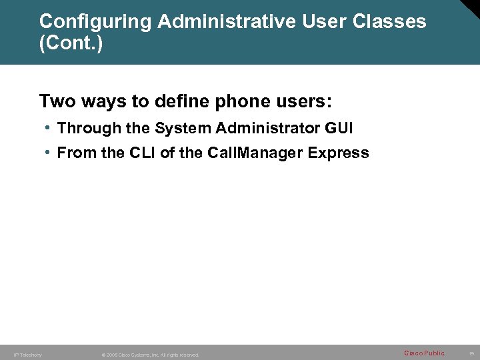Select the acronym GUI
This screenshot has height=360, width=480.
pyautogui.click(x=339, y=127)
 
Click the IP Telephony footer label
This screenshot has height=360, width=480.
pyautogui.click(x=28, y=355)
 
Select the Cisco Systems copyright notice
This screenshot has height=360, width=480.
pyautogui.click(x=150, y=355)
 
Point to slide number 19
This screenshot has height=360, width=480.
pyautogui.click(x=471, y=353)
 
